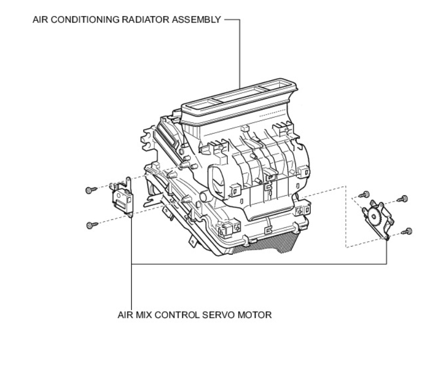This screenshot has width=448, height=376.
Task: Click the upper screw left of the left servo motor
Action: point(89,189)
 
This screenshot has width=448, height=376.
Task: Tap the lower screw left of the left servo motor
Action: point(89,225)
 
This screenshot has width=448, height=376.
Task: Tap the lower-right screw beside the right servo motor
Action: point(409,231)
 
